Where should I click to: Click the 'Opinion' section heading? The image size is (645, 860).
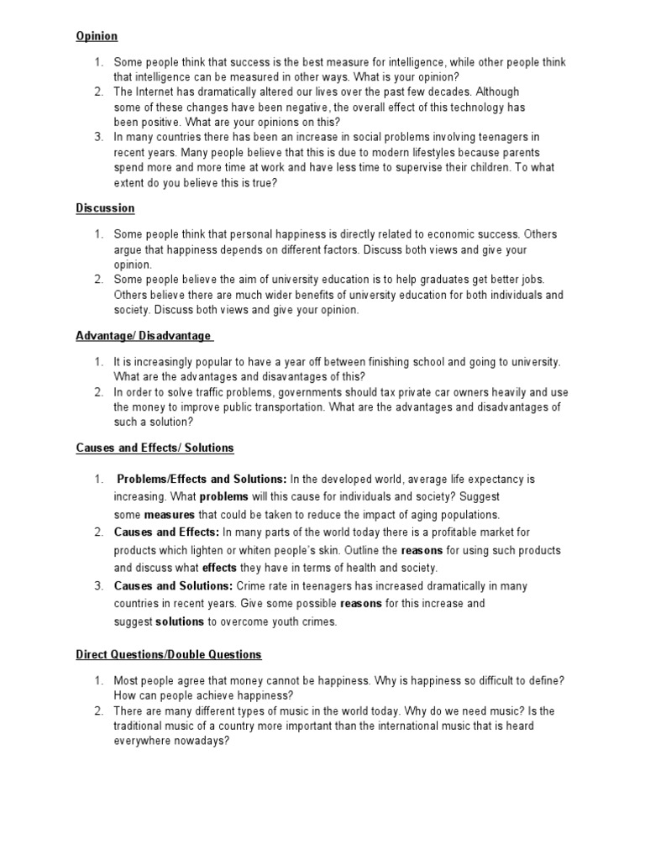tap(97, 36)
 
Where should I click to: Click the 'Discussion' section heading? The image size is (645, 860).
tap(105, 208)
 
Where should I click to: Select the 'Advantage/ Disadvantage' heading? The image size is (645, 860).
tap(144, 336)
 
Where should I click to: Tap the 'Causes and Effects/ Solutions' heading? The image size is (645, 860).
tap(155, 448)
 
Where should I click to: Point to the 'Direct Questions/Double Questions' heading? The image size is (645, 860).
tap(169, 654)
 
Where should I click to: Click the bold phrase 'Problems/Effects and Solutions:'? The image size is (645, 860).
tap(202, 480)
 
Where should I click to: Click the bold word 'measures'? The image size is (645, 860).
tap(169, 515)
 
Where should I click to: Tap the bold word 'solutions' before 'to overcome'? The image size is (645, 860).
tap(180, 621)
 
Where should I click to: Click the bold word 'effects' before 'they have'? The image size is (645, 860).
tap(219, 568)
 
